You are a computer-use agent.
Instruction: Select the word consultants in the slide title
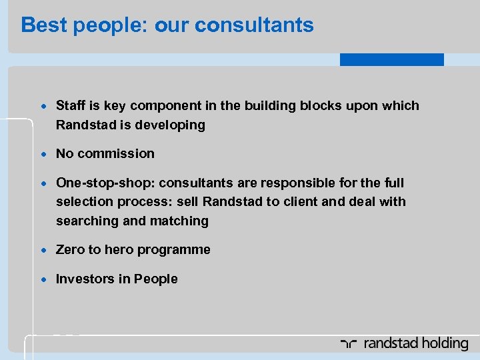(255, 25)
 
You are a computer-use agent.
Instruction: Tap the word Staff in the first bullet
(70, 105)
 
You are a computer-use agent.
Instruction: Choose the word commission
(115, 153)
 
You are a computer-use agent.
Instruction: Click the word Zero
(70, 249)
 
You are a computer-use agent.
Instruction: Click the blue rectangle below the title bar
(391, 59)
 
